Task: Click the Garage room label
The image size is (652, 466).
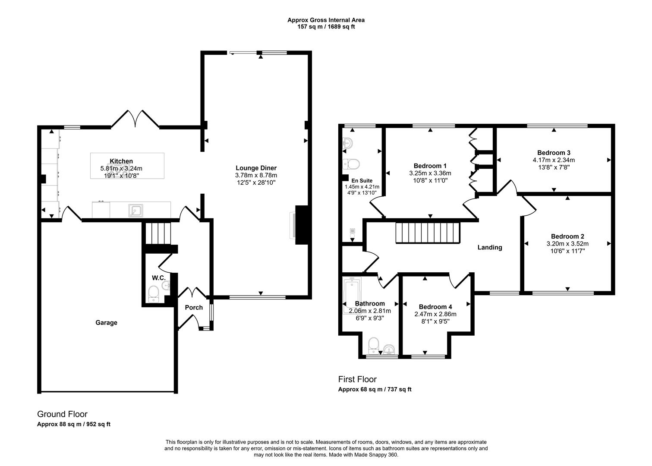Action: click(106, 322)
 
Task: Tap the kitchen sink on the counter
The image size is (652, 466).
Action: click(136, 211)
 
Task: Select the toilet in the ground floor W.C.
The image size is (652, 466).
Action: click(153, 294)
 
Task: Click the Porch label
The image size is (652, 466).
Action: click(194, 307)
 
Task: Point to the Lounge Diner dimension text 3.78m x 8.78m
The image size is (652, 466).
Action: click(256, 175)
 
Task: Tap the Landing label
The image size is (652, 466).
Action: click(490, 247)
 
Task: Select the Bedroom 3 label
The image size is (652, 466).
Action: click(554, 152)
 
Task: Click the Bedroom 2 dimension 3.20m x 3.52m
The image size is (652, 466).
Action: click(567, 244)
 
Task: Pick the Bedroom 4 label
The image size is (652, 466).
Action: click(435, 307)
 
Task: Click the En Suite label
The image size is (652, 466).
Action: click(362, 180)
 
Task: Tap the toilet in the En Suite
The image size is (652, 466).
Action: click(351, 164)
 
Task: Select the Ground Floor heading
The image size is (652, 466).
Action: click(62, 414)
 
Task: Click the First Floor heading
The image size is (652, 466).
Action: click(357, 379)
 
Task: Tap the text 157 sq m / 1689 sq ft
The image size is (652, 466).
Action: click(326, 27)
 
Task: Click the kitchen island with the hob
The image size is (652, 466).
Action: click(127, 166)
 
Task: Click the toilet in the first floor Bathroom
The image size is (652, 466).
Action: click(373, 346)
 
